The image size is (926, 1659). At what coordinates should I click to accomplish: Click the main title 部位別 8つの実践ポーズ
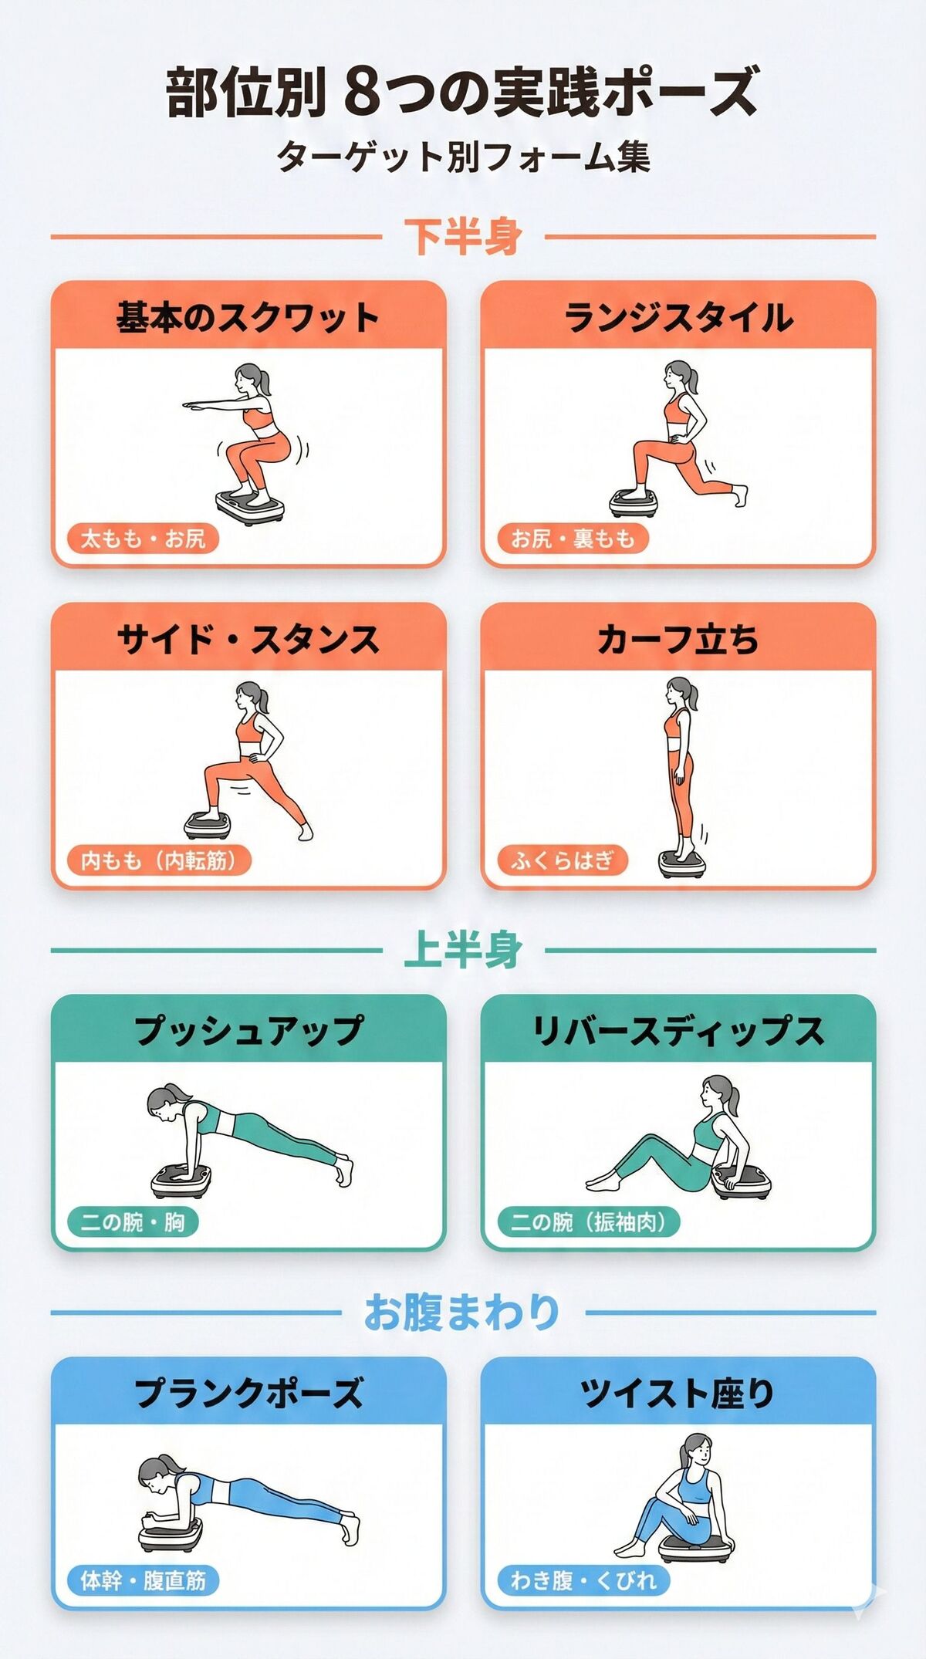tap(463, 91)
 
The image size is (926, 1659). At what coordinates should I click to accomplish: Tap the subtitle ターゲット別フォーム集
tap(463, 157)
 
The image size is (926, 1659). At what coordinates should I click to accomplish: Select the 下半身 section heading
tap(463, 236)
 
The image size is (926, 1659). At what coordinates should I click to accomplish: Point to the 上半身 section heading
tap(463, 949)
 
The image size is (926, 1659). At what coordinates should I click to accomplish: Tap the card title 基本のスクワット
tap(248, 317)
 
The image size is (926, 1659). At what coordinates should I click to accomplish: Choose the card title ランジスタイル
tap(678, 317)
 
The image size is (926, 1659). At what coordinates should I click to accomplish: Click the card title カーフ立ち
tap(678, 640)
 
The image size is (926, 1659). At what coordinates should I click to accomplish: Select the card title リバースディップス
tap(678, 1031)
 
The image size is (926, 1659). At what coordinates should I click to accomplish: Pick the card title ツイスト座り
tap(678, 1393)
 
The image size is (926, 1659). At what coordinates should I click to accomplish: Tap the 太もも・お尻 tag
tap(143, 538)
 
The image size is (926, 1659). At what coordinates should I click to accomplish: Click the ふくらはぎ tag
tap(562, 860)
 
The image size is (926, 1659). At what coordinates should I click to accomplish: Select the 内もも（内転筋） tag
tap(159, 860)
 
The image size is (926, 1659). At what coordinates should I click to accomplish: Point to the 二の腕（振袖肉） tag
tap(588, 1221)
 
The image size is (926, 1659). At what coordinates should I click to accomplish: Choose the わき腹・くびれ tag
tap(583, 1580)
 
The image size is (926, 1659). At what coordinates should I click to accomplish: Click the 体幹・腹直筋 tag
tap(143, 1580)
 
